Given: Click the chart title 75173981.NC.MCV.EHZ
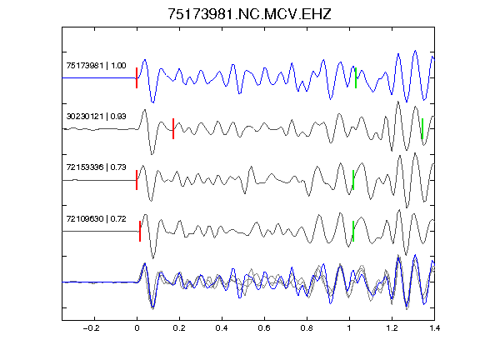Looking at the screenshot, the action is [x=249, y=14].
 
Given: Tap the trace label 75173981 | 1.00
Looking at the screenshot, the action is [x=96, y=66].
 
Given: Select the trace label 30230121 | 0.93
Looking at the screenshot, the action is [x=96, y=117].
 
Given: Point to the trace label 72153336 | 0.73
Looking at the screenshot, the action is [x=96, y=167].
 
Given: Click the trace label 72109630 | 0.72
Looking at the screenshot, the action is [x=96, y=219].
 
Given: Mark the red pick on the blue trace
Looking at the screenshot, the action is [x=137, y=77].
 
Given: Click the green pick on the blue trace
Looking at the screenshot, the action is [x=356, y=77].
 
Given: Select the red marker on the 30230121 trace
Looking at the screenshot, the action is [x=173, y=128].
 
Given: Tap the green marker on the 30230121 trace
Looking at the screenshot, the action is [x=422, y=128].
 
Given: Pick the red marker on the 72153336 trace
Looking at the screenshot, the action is [x=137, y=180].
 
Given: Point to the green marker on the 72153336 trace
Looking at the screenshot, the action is [x=353, y=180].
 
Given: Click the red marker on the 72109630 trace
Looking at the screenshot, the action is [x=140, y=231].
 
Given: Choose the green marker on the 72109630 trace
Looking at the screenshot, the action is [x=353, y=231].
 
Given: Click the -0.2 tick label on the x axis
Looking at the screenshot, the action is [x=92, y=328].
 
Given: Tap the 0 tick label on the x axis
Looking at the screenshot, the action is [x=137, y=328].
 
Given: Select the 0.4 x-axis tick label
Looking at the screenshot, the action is [x=222, y=328].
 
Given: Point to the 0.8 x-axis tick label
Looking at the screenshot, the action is [x=307, y=328].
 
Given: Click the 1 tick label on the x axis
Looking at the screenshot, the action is [x=349, y=328].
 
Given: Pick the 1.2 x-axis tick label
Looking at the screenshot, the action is [x=392, y=328].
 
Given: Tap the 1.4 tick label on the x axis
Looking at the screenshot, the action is [x=434, y=328].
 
